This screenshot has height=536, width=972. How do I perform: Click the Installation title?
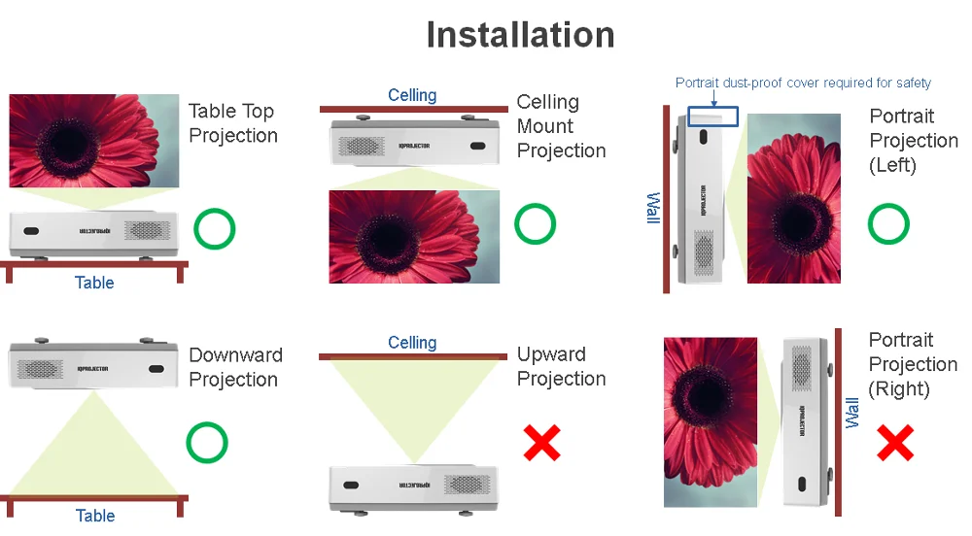[x=520, y=35]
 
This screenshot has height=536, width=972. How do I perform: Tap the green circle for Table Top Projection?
[x=215, y=229]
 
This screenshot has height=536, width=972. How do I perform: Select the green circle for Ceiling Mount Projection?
[x=535, y=224]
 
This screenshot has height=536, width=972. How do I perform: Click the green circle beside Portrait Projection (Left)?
[x=888, y=224]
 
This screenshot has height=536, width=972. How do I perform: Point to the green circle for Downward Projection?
[x=207, y=443]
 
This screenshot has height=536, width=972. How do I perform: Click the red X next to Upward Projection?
[x=542, y=443]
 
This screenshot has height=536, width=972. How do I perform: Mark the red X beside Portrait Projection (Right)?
[x=895, y=443]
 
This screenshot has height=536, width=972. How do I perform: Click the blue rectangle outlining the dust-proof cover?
[x=712, y=116]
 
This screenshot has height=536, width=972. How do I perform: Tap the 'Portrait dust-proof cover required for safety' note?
[x=803, y=83]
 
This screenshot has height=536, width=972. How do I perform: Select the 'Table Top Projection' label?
[x=232, y=123]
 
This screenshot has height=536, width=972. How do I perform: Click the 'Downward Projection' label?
[x=235, y=367]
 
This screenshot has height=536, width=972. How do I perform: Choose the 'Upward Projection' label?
[x=561, y=367]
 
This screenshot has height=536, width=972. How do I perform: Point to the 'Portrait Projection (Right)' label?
[x=913, y=364]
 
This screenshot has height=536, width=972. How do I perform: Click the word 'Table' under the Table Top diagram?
[x=94, y=283]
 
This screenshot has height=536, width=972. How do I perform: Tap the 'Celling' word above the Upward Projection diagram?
[x=412, y=343]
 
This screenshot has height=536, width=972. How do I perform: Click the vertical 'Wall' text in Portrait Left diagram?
[x=654, y=209]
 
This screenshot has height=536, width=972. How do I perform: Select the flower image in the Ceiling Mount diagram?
[x=414, y=236]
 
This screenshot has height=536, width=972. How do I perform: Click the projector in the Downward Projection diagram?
[x=92, y=361]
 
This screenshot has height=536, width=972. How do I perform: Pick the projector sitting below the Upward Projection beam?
[x=414, y=486]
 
